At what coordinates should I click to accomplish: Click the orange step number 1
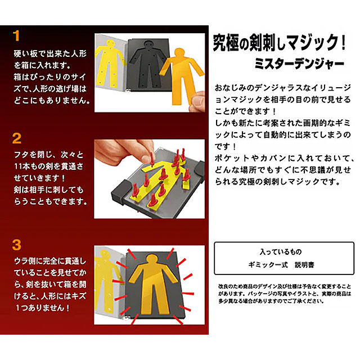[16, 37]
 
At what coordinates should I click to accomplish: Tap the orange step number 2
[17, 138]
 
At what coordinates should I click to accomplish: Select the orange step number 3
[17, 245]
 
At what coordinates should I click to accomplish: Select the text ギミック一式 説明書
[284, 264]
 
